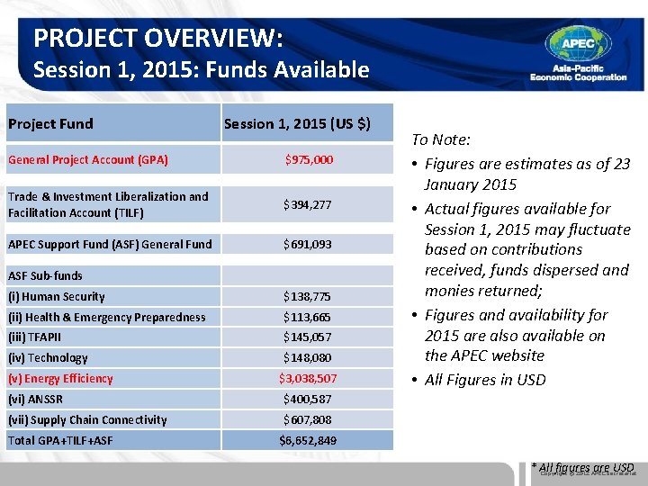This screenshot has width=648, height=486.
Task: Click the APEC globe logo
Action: (x=578, y=43)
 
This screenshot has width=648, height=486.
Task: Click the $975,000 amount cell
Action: (x=309, y=160)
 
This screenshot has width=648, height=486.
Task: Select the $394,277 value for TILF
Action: (x=308, y=205)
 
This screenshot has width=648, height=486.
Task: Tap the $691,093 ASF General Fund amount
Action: (x=308, y=244)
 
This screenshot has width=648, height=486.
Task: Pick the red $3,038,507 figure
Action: (x=308, y=379)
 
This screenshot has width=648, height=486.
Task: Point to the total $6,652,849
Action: (x=308, y=441)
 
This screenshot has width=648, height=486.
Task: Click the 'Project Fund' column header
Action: (x=50, y=124)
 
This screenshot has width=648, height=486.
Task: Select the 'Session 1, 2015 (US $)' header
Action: (x=297, y=124)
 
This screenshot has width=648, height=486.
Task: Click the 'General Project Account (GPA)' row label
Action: (x=87, y=160)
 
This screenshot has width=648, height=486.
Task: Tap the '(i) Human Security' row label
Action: (x=56, y=297)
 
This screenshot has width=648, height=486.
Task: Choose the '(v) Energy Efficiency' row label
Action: (x=60, y=379)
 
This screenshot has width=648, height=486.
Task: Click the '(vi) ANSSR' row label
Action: (x=35, y=400)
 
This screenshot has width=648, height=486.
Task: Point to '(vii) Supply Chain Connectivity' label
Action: (x=87, y=420)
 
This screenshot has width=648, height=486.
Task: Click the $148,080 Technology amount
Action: (x=308, y=358)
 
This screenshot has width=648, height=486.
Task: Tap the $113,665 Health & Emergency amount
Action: (x=308, y=317)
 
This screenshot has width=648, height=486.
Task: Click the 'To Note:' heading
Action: (x=441, y=139)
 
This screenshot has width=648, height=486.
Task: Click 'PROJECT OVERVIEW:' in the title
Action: (x=158, y=39)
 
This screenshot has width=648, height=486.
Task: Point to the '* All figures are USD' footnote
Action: (x=582, y=467)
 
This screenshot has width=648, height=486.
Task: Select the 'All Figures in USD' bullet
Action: (x=485, y=380)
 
